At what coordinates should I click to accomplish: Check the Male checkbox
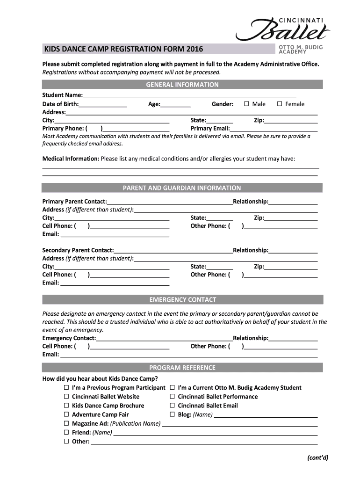pyautogui.click(x=247, y=104)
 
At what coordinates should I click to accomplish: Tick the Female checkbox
pyautogui.click(x=280, y=104)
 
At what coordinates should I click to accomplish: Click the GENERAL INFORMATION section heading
pyautogui.click(x=182, y=85)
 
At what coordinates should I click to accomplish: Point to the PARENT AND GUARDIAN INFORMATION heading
pyautogui.click(x=182, y=188)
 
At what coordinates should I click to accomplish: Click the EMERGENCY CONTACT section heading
pyautogui.click(x=182, y=299)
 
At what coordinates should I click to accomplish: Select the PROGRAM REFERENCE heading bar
pyautogui.click(x=182, y=368)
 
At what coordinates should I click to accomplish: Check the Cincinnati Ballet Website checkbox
pyautogui.click(x=66, y=396)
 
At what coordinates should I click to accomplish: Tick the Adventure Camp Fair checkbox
pyautogui.click(x=66, y=414)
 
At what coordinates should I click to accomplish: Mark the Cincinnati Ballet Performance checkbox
pyautogui.click(x=173, y=396)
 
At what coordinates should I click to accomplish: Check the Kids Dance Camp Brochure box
pyautogui.click(x=66, y=406)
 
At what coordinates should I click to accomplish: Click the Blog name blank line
pyautogui.click(x=266, y=415)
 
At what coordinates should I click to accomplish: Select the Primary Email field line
pyautogui.click(x=274, y=129)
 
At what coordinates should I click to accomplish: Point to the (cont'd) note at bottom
pyautogui.click(x=318, y=457)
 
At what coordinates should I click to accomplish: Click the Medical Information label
pyautogui.click(x=71, y=159)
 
